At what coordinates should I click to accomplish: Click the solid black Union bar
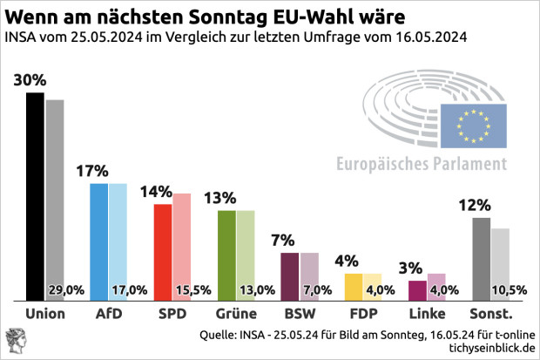click(x=36, y=196)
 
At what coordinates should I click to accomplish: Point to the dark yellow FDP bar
click(x=353, y=287)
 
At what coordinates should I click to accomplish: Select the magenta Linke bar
click(x=416, y=290)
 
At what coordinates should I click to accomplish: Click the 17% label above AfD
click(x=93, y=172)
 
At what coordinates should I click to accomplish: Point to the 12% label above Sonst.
click(x=475, y=206)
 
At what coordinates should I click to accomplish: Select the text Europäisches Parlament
click(x=422, y=163)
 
